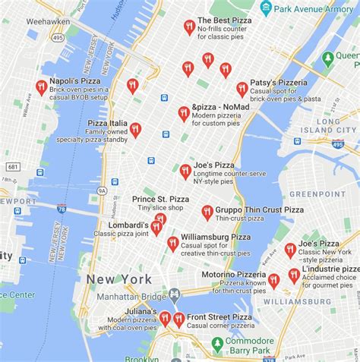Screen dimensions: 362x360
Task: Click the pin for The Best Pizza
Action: click(x=189, y=27)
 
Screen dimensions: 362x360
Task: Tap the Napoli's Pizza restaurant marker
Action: click(x=41, y=87)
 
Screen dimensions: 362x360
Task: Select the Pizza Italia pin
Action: click(x=135, y=130)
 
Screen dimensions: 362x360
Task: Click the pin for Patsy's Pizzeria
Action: click(x=242, y=89)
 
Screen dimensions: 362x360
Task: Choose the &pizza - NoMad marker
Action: click(x=183, y=114)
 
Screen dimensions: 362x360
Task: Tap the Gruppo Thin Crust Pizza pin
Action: click(x=207, y=212)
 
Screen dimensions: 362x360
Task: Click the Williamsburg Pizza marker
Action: click(x=172, y=244)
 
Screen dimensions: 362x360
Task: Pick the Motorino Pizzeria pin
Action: click(x=273, y=281)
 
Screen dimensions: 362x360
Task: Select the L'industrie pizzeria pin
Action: click(x=294, y=275)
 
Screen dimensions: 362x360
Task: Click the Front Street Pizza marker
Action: click(x=178, y=320)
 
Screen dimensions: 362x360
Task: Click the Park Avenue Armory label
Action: click(x=308, y=9)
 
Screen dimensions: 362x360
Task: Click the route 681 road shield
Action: click(x=14, y=166)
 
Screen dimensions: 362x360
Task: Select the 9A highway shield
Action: click(x=103, y=192)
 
